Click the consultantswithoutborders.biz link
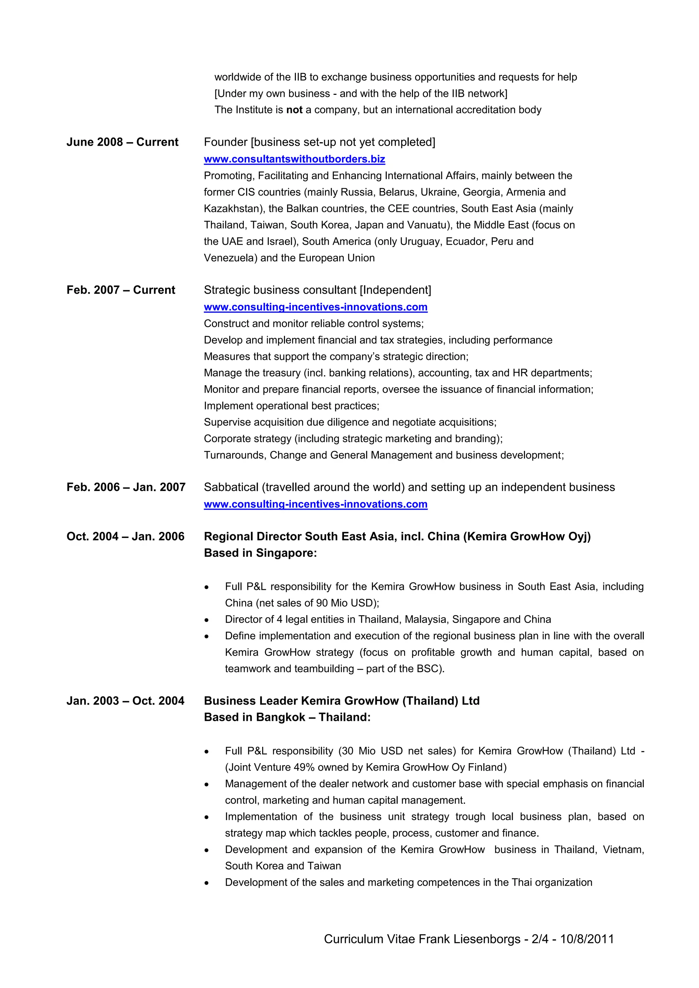295,159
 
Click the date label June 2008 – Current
122,142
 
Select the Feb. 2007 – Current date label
120,290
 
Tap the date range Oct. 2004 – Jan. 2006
125,537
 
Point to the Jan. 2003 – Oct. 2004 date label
125,701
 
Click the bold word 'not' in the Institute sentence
295,110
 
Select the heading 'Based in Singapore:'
260,553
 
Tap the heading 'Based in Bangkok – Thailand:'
287,717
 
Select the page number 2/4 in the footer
540,939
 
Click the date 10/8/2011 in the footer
587,939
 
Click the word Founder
226,142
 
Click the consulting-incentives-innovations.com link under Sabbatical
315,504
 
